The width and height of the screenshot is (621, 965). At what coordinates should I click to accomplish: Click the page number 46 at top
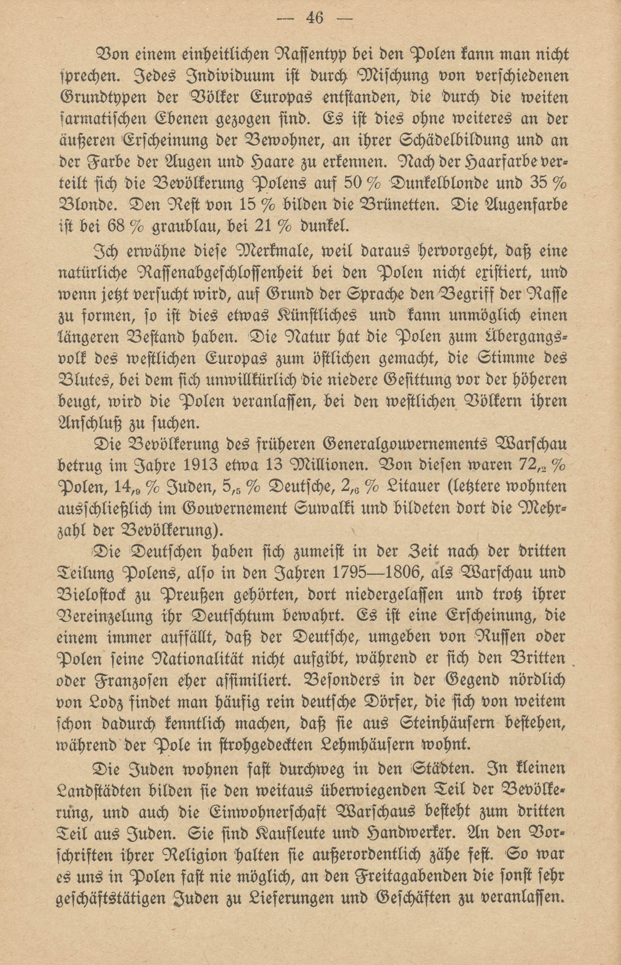[x=315, y=19]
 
